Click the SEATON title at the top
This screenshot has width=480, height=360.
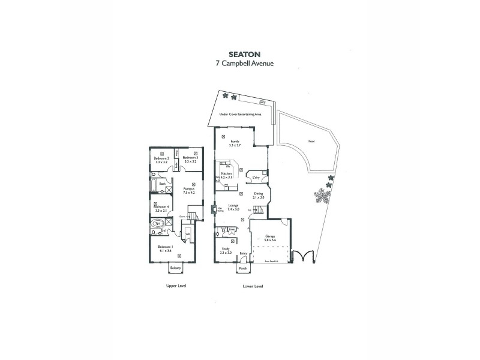point(241,53)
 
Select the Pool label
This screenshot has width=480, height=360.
point(311,142)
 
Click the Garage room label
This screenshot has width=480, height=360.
point(270,236)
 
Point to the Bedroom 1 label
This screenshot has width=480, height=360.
point(165,247)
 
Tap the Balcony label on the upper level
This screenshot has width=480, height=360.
point(175,268)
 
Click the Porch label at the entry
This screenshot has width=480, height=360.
point(243,268)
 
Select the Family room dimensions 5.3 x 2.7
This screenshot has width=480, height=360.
point(235,145)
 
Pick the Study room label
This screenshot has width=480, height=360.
point(226,248)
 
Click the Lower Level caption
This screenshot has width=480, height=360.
point(253,286)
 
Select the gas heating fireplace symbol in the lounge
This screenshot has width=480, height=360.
point(214,210)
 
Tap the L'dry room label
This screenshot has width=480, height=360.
point(255,178)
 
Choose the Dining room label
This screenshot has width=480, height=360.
point(259,193)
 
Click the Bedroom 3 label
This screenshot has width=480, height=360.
point(191,159)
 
